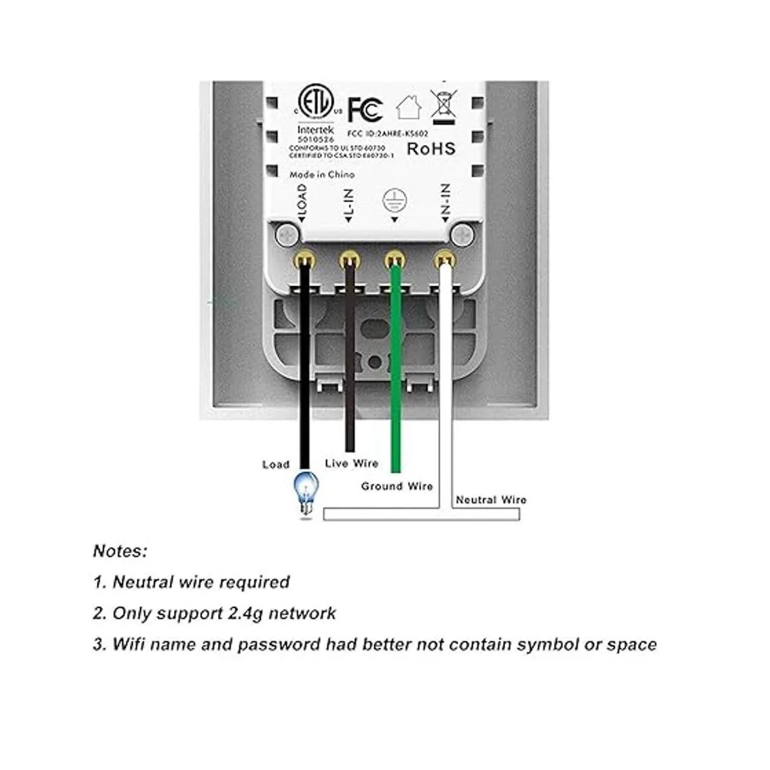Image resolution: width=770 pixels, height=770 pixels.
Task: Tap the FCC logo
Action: pyautogui.click(x=365, y=109)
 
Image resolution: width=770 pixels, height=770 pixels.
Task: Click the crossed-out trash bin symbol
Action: pyautogui.click(x=444, y=105)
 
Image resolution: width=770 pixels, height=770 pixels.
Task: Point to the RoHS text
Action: pyautogui.click(x=431, y=149)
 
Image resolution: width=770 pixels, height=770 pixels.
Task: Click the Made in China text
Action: pyautogui.click(x=321, y=175)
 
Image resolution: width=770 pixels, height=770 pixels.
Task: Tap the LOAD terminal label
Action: pyautogui.click(x=302, y=202)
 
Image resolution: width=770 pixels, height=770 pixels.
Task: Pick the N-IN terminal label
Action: pyautogui.click(x=445, y=203)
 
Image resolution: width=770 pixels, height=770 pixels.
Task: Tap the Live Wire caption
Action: pyautogui.click(x=352, y=463)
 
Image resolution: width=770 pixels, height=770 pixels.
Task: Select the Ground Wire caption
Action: pyautogui.click(x=397, y=486)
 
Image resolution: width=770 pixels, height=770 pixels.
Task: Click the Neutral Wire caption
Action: pyautogui.click(x=491, y=500)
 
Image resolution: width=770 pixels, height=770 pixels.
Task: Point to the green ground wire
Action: pyautogui.click(x=396, y=372)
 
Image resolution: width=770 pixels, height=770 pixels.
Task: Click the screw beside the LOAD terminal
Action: pyautogui.click(x=287, y=235)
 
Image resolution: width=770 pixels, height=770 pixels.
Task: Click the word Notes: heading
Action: pyautogui.click(x=120, y=551)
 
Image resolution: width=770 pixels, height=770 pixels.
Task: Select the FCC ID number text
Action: pyautogui.click(x=387, y=134)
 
